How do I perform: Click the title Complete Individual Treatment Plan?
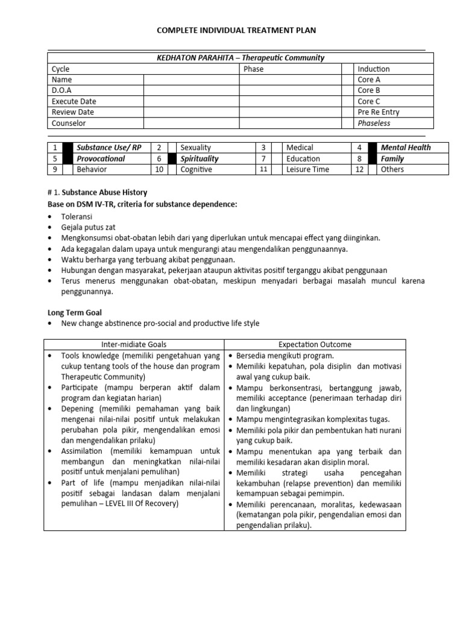click(236, 30)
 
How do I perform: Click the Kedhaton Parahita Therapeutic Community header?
click(240, 58)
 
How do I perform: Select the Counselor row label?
click(69, 123)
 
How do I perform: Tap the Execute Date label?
click(74, 101)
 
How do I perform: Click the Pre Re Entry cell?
click(378, 112)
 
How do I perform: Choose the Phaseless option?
click(374, 123)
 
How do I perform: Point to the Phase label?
click(253, 69)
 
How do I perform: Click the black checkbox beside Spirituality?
click(172, 158)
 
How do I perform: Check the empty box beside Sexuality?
click(172, 148)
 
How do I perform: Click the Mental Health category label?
click(406, 148)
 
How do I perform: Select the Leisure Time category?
click(307, 169)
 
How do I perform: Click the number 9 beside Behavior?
click(54, 169)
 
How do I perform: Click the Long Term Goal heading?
click(75, 313)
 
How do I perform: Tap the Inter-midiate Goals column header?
click(133, 345)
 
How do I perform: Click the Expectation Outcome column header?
click(315, 345)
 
